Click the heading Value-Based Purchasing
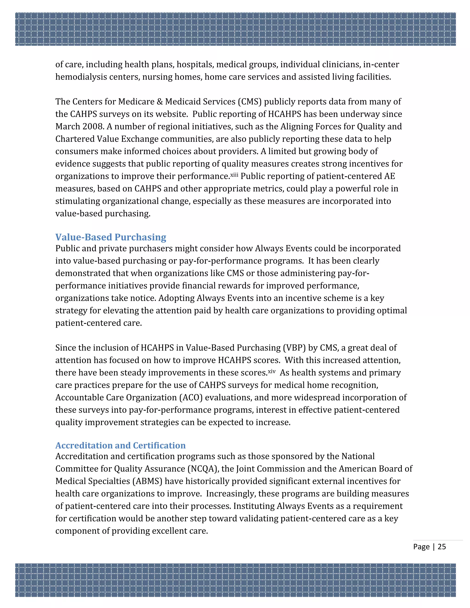111,237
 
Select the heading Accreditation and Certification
120,445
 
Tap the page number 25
442,547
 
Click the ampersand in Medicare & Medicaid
160,102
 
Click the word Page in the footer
421,547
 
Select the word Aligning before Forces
297,127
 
